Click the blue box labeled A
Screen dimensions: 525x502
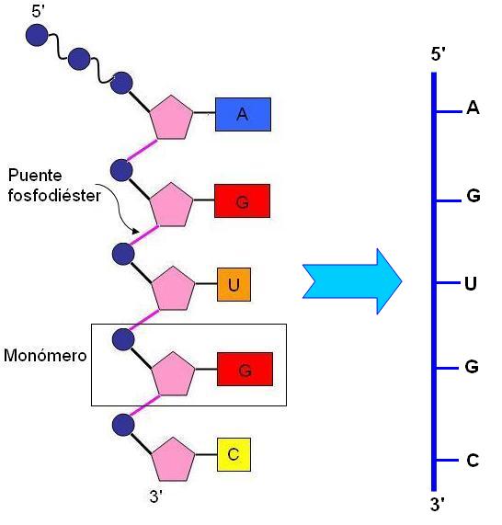pos(242,114)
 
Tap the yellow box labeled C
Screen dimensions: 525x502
pos(233,453)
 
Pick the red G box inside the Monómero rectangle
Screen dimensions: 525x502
pos(245,370)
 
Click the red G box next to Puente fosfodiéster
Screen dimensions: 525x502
pos(242,201)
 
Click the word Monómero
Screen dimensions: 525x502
pos(44,355)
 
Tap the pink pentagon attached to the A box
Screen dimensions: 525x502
pos(172,117)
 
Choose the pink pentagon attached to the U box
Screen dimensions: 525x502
pos(173,289)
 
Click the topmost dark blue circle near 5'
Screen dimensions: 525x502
pos(36,35)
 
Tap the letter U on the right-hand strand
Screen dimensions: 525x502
pos(471,282)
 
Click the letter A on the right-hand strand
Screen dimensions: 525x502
pos(473,108)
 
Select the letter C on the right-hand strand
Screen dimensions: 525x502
pos(473,460)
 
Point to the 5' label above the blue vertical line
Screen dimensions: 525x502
pos(439,55)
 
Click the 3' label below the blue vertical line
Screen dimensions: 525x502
pos(439,504)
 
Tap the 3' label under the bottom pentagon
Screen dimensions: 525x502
pos(156,496)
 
